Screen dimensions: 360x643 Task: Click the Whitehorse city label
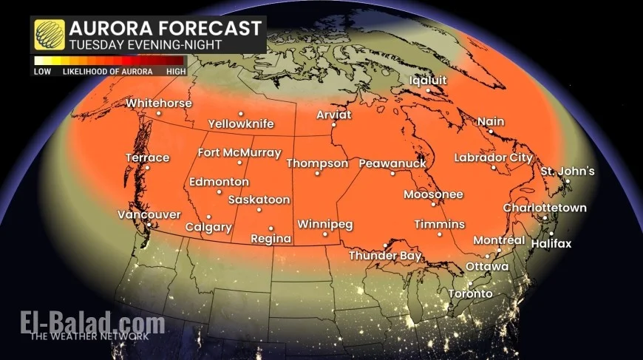[158, 103]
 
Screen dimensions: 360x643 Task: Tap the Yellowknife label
[241, 123]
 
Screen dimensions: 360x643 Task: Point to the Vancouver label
[149, 214]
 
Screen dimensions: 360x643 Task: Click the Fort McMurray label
[239, 153]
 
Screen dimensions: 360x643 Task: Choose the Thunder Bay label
[385, 256]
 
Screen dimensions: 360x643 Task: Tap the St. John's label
[567, 171]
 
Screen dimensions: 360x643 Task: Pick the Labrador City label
[493, 157]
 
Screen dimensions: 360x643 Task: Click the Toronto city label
[469, 293]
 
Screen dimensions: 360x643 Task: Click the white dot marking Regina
[271, 228]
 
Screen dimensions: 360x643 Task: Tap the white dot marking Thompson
[317, 174]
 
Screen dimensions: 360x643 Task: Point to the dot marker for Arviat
[333, 125]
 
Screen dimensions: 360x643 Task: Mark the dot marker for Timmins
[440, 234]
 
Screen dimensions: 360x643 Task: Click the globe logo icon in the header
[49, 35]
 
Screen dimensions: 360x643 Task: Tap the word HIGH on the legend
[175, 72]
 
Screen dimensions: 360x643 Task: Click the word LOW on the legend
[42, 72]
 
